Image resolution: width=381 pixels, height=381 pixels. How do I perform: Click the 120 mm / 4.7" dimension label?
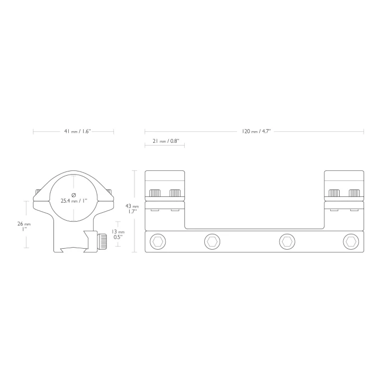256,131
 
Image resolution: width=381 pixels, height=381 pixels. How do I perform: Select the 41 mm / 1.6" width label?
77,131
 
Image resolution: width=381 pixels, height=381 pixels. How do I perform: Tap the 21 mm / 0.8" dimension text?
166,141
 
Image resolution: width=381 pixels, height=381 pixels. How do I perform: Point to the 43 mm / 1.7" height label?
132,208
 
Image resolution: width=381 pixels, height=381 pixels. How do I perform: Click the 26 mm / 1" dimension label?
24,226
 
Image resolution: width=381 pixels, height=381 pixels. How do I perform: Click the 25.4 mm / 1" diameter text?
74,201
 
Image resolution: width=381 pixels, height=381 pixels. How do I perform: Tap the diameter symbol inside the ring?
74,195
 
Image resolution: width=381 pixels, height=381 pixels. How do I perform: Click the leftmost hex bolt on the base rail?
158,242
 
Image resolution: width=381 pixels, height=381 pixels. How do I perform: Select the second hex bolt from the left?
212,242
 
